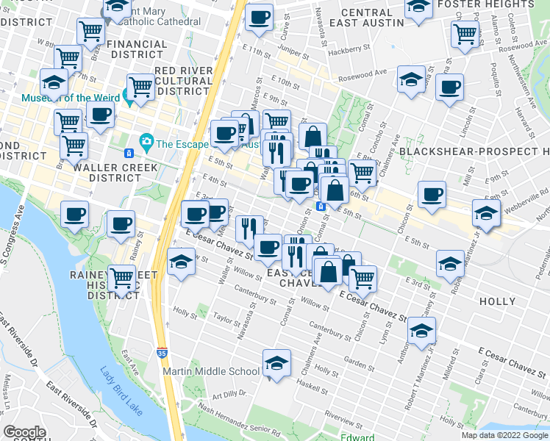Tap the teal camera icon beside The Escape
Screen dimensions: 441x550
(x=146, y=140)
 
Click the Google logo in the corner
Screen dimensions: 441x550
(x=24, y=432)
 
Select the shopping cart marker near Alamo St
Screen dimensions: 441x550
(x=465, y=33)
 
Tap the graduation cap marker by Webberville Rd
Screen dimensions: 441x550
(x=486, y=212)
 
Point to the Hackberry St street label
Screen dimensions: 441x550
(x=349, y=49)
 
